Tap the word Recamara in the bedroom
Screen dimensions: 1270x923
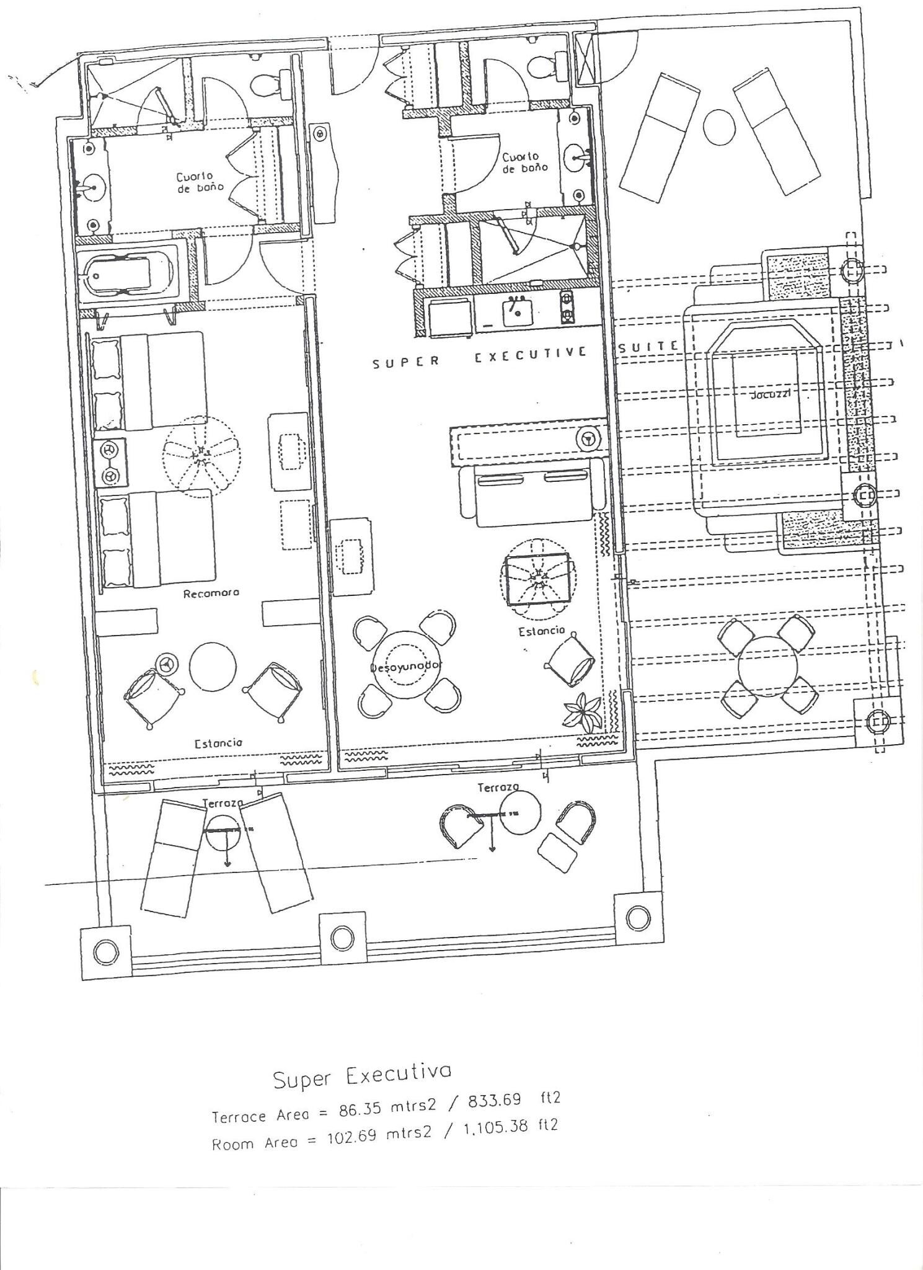point(211,593)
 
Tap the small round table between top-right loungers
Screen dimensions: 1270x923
point(719,127)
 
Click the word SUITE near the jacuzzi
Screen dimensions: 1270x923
point(647,347)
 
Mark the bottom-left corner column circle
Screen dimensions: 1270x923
point(107,951)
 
